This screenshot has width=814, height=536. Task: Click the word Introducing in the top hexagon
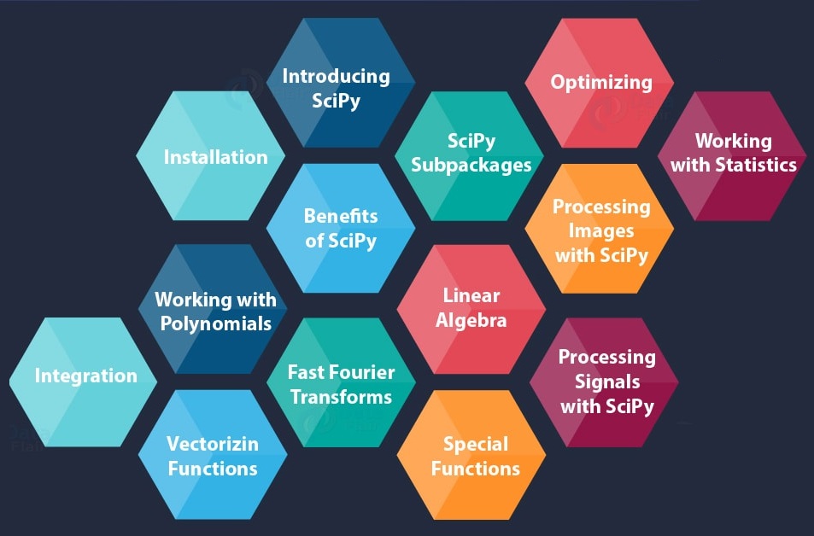tap(336, 77)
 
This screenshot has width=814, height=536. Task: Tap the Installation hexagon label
tap(215, 157)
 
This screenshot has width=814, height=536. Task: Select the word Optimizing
tap(601, 83)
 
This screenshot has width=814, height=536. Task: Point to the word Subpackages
tap(471, 166)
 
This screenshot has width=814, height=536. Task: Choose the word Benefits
tap(341, 216)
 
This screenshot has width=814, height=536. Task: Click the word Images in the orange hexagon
tap(601, 231)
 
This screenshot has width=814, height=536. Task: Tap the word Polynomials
tap(216, 323)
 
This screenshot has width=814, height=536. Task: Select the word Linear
tap(471, 296)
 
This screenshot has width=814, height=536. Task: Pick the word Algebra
tap(471, 321)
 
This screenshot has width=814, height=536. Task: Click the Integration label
tap(85, 376)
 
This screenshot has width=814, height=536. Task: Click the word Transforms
tap(341, 397)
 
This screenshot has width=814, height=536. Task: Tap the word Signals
tap(606, 382)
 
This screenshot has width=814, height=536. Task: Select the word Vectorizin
tap(213, 444)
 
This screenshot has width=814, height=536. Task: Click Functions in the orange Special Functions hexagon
tap(476, 469)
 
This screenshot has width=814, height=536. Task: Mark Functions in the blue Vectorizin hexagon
tap(213, 469)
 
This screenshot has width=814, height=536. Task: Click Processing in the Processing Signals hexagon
tap(606, 358)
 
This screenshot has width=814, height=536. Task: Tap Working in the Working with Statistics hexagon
tap(733, 142)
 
